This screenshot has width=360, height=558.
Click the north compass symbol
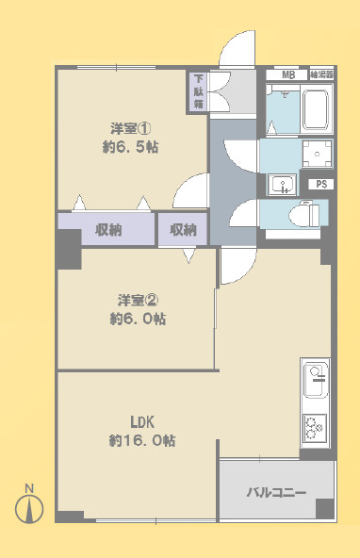29,506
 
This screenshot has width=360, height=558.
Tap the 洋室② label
137,300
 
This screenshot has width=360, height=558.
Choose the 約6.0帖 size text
137,320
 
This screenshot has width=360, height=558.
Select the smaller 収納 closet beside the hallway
184,230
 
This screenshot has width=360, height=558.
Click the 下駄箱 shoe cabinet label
199,91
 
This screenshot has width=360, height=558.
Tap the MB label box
286,74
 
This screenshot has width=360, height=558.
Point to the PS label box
321,184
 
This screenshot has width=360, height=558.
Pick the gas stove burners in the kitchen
315,426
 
